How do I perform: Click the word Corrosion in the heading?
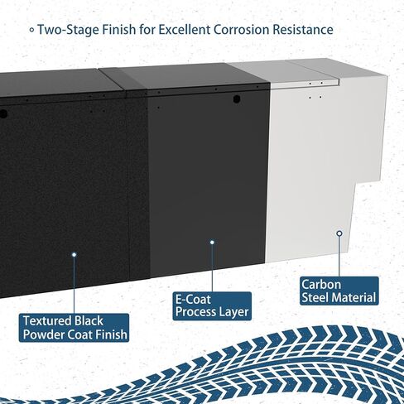point(243,30)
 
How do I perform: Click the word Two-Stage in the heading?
point(68,30)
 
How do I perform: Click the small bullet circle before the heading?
point(32,30)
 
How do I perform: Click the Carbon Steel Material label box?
point(339,291)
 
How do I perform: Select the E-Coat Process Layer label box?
point(212,306)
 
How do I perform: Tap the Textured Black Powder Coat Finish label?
point(74,328)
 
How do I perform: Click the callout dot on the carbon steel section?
point(339,233)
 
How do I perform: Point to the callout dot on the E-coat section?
point(212,243)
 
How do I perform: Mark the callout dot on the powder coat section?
point(74,255)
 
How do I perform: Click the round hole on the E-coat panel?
point(237,99)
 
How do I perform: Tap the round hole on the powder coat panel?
point(2,113)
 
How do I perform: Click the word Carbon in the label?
point(321,285)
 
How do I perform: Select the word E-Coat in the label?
point(193,300)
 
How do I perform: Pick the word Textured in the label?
point(47,321)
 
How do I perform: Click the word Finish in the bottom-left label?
point(111,334)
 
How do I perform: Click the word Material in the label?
point(354,298)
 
